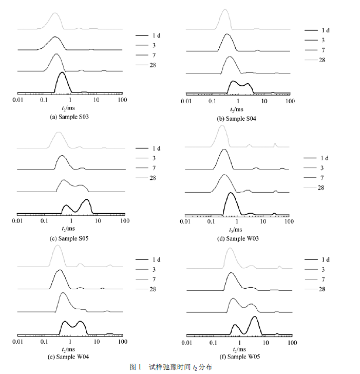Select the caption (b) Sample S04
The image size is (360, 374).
[238, 119]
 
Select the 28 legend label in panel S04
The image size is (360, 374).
[323, 60]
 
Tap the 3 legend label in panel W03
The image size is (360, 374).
[321, 167]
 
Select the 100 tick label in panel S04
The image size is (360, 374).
[290, 102]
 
